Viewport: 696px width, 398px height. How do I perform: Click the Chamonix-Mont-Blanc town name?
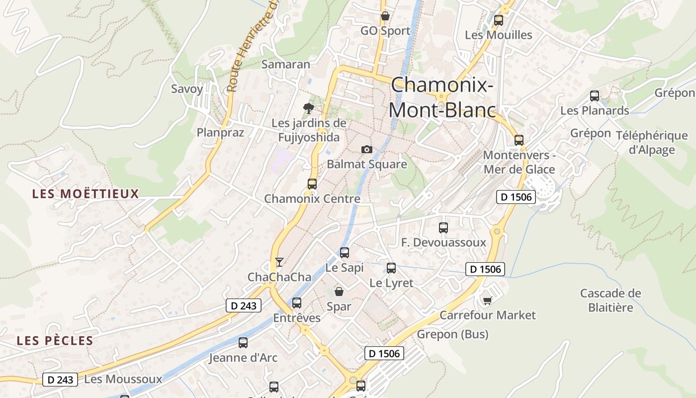point(442,98)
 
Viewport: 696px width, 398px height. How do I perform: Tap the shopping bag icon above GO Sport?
point(385,16)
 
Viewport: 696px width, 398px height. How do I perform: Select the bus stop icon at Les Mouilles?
point(499,20)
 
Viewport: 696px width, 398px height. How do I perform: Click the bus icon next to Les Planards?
point(594,96)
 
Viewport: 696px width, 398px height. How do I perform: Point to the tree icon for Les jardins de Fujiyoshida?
point(309,108)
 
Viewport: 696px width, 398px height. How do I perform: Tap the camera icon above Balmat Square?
point(366,149)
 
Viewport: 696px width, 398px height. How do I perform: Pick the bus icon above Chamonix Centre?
point(312,184)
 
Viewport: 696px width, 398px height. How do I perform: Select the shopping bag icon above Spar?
point(339,292)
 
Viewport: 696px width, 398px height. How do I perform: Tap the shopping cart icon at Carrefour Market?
point(488,300)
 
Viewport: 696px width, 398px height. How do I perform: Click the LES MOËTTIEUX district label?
point(86,194)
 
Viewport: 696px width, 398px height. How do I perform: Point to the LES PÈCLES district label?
point(55,341)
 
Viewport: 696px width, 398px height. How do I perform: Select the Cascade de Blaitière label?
point(610,300)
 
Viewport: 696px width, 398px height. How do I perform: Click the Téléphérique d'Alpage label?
point(652,142)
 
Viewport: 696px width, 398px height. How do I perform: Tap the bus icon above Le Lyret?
point(391,268)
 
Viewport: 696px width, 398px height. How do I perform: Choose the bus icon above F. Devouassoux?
point(443,228)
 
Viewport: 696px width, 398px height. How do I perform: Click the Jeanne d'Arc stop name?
point(243,358)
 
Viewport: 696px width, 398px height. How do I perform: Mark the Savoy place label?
point(187,89)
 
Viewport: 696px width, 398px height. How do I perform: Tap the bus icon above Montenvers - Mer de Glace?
point(519,140)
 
